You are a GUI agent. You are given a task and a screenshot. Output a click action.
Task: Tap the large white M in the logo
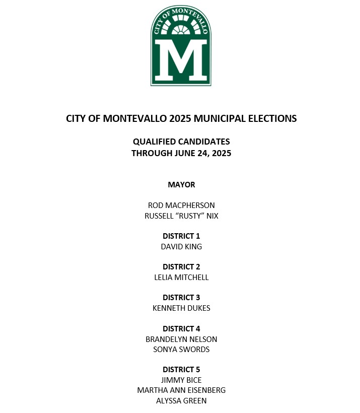coord(181,60)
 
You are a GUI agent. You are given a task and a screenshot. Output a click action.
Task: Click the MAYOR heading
coord(181,185)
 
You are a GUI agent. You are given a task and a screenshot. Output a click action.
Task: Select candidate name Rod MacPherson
coord(181,205)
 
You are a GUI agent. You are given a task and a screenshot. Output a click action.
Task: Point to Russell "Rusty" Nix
coord(181,216)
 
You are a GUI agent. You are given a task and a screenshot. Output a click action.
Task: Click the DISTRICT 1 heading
coord(181,236)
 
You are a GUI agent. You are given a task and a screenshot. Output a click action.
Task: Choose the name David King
coord(181,247)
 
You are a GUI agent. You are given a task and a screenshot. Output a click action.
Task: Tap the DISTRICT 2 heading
coord(181,267)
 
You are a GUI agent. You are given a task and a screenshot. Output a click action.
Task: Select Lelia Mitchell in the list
coord(181,278)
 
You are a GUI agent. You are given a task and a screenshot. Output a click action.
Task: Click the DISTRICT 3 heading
coord(181,298)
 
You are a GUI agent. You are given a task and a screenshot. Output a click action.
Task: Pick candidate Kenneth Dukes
coord(181,308)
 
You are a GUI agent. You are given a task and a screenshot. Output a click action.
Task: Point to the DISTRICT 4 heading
coord(181,329)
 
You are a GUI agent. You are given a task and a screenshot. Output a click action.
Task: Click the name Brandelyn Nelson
coord(181,339)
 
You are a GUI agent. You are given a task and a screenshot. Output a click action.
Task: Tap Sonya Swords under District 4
coord(181,350)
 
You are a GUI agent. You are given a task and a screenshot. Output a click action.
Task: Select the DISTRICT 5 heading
coord(181,370)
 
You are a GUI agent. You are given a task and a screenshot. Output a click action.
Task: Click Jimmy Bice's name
coord(181,380)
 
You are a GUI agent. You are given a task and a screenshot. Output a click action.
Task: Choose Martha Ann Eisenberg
coord(181,390)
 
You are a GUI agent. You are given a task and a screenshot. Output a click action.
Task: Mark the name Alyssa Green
coord(181,401)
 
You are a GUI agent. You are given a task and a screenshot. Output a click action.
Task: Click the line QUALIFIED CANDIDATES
coord(181,142)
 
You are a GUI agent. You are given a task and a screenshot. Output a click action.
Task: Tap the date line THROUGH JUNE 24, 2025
coord(181,153)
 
